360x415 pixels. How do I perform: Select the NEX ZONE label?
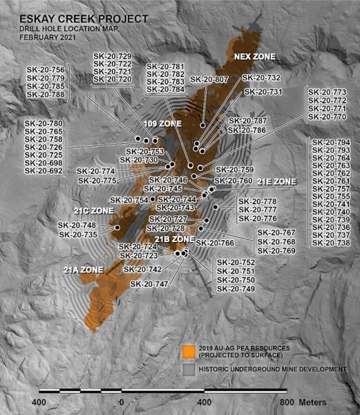pyautogui.click(x=254, y=56)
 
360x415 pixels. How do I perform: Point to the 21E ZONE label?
pyautogui.click(x=276, y=181)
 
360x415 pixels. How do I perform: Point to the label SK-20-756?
pyautogui.click(x=46, y=70)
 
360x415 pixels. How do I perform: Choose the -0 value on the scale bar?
pyautogui.click(x=120, y=403)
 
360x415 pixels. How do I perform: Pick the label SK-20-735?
pyautogui.click(x=77, y=234)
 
